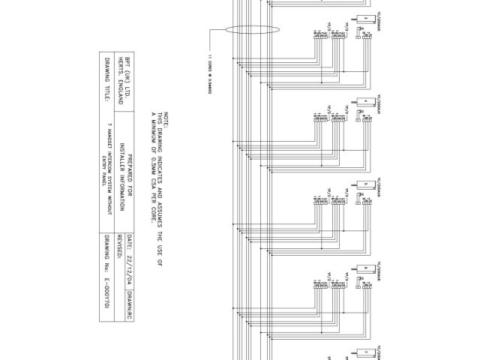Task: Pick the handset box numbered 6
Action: tap(365, 267)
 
